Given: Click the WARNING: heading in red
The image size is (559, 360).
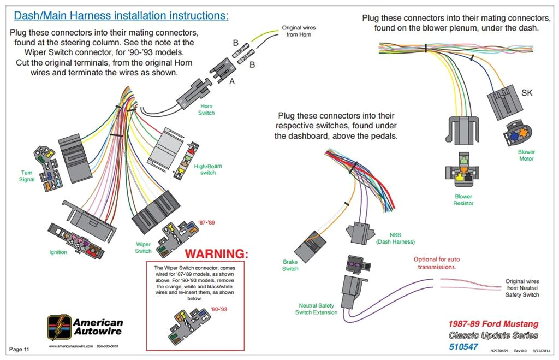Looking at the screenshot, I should coord(216,254).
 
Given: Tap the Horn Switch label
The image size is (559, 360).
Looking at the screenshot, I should coord(206,110).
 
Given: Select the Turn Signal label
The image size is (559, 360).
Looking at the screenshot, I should coord(27,176).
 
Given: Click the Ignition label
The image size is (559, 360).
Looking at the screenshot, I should coord(58,252).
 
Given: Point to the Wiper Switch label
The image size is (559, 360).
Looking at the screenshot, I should coord(143,247).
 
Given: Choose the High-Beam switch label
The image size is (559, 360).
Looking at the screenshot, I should coord(208,169).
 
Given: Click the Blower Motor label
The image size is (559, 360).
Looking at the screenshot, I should coord(526,155).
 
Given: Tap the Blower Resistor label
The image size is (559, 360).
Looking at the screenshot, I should coord(463,200).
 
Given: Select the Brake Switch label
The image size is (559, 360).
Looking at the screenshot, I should coord(290,265).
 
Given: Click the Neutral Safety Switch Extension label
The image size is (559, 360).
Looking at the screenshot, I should coord(317,309).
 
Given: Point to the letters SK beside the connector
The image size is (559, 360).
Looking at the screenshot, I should coord(527,93).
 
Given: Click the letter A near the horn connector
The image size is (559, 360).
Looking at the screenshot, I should coord(231,81).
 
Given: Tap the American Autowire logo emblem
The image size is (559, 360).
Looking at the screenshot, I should coord(58,328).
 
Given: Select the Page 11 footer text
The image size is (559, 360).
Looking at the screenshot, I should coord(20,349).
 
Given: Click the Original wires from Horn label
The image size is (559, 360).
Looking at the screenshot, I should coord(299,31).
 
